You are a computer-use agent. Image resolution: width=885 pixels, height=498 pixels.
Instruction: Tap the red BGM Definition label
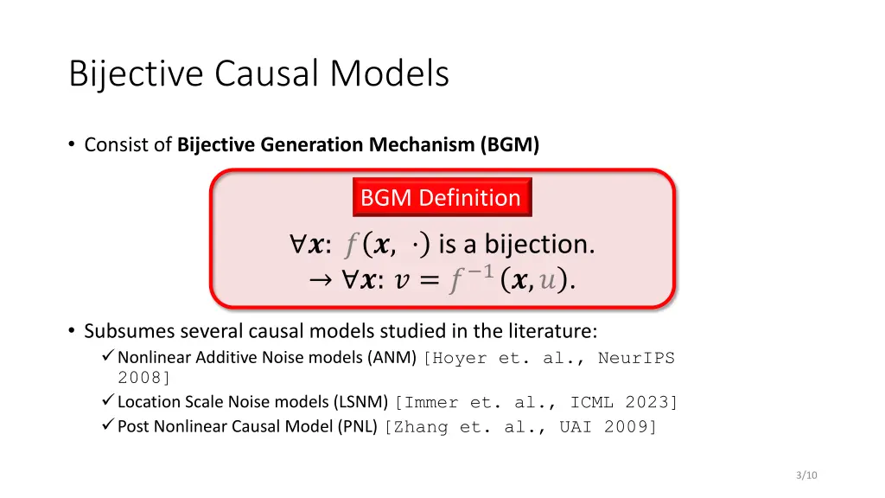click(x=441, y=198)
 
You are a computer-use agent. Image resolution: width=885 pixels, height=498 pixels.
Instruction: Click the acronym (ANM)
click(x=394, y=358)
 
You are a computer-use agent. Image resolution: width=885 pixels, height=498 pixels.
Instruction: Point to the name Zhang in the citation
click(x=417, y=426)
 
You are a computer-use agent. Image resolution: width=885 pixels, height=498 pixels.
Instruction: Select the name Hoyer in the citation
click(x=460, y=358)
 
